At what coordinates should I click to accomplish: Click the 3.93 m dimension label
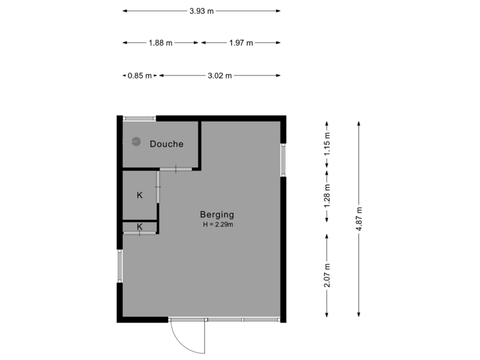(201, 11)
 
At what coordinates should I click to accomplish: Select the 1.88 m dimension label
(160, 43)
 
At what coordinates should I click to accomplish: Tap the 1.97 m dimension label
(241, 43)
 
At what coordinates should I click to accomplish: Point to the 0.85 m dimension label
(140, 75)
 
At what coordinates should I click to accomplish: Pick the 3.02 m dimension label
(219, 75)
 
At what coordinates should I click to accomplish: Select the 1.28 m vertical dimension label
(327, 196)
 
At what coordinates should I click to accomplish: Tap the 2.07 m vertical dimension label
(327, 276)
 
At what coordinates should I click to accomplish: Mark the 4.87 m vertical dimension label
(359, 218)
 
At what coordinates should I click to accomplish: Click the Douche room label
(166, 144)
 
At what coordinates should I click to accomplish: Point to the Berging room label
(217, 215)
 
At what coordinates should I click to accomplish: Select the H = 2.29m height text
(217, 225)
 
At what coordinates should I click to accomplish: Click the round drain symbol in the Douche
(135, 141)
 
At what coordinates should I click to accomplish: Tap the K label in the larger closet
(139, 195)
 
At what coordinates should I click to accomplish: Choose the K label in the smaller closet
(139, 227)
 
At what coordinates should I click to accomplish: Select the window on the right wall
(283, 160)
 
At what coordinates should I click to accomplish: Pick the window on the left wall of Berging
(119, 266)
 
